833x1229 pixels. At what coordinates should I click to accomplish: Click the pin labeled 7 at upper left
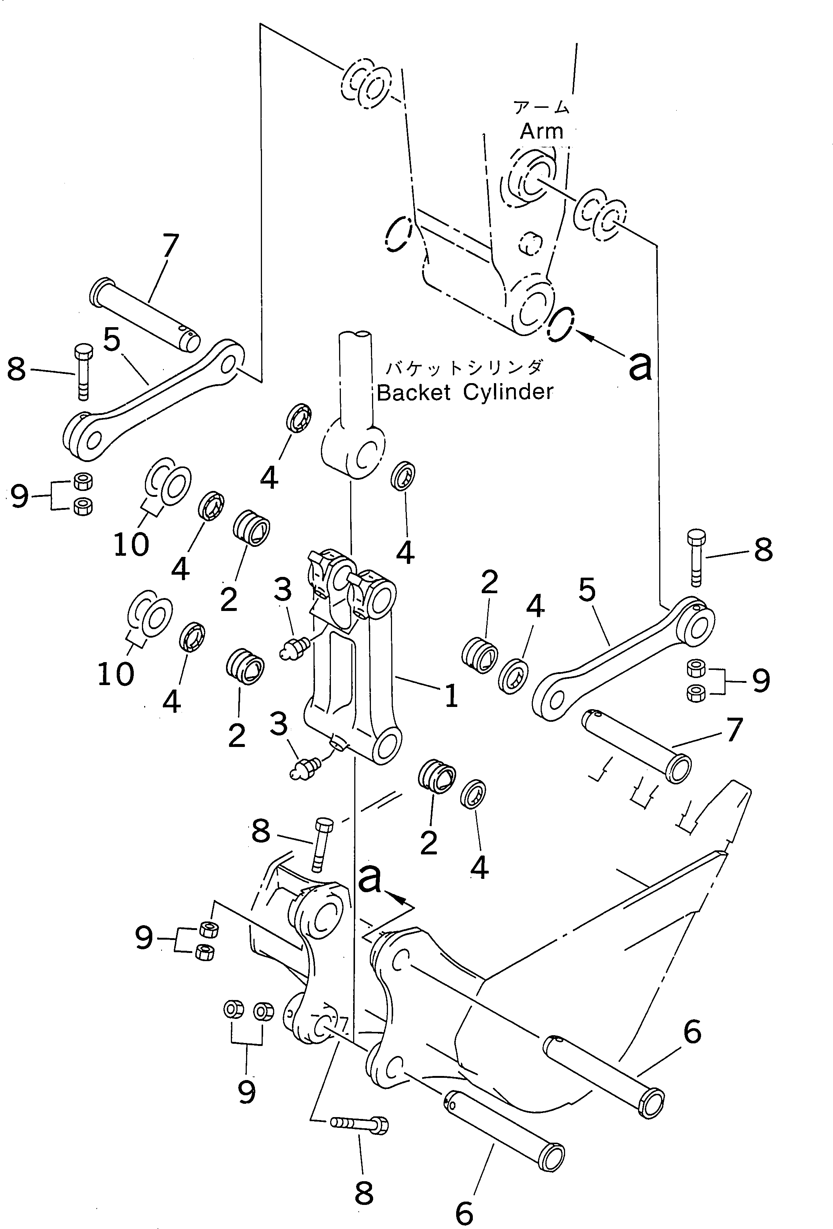(x=146, y=314)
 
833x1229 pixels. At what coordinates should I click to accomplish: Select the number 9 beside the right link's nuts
(x=760, y=682)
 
